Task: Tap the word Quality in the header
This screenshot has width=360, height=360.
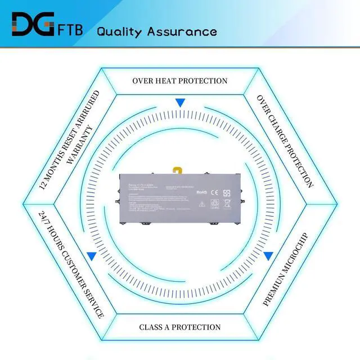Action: [120, 31]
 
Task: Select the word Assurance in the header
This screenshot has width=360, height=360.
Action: [182, 30]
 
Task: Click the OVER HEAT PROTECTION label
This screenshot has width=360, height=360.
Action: [180, 80]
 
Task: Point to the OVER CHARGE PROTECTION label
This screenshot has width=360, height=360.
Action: [285, 140]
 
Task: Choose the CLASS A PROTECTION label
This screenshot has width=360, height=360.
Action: [180, 327]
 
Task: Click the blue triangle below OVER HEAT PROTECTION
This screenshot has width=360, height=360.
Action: [180, 103]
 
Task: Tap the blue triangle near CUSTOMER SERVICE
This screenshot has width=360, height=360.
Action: [92, 256]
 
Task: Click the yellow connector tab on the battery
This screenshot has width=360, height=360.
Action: [178, 169]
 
